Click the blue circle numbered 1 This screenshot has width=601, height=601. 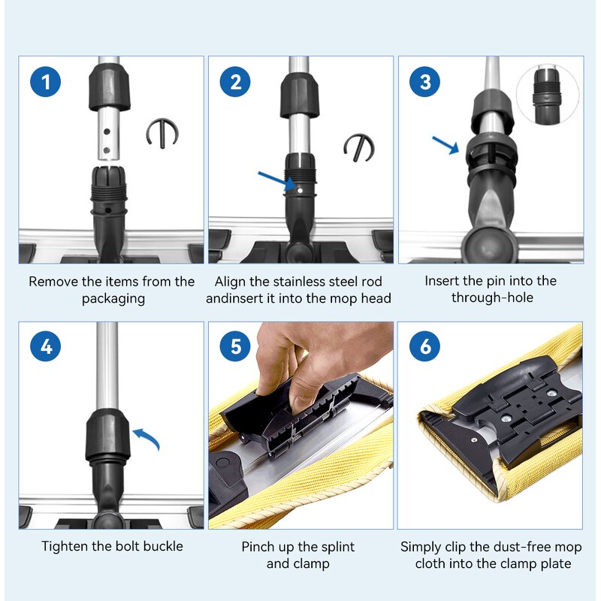point(46,82)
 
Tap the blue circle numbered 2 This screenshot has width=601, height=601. point(235,82)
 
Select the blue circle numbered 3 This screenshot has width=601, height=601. point(425,82)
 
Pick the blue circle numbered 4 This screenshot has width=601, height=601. point(46,346)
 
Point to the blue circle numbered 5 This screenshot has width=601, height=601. point(235,346)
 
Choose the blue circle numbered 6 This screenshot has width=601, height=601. point(425,346)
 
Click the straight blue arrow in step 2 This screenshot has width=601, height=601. point(276,180)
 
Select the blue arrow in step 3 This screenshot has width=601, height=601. point(445,145)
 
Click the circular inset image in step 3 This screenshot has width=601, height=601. point(548,95)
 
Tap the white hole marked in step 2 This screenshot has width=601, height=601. point(300,191)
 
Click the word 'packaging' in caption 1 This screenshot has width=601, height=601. point(113,299)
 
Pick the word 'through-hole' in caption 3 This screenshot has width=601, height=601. point(492,297)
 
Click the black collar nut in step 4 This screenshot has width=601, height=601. point(107,435)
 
